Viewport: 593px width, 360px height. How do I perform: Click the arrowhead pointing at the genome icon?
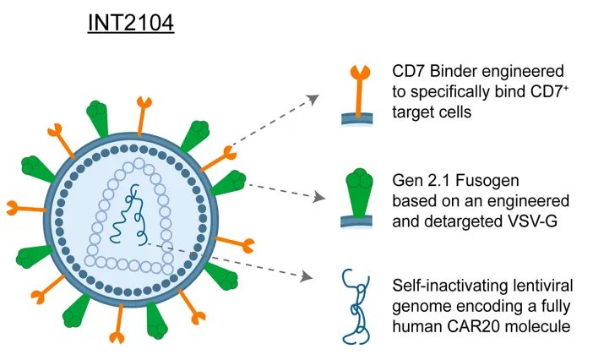click(303, 274)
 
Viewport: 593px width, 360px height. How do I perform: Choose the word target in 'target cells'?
click(413, 111)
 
